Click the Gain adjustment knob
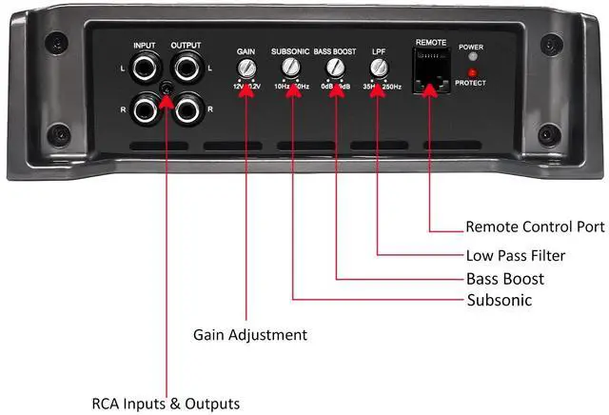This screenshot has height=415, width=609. [x=246, y=68]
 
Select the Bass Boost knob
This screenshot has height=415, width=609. [x=334, y=68]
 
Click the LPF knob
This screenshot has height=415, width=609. [x=378, y=68]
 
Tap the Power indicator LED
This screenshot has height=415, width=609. [x=471, y=56]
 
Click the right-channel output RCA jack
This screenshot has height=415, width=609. [x=186, y=110]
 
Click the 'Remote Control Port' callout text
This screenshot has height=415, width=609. [x=535, y=227]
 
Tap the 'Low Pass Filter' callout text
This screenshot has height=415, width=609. [x=515, y=255]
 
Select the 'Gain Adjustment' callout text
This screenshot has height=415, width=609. [x=250, y=335]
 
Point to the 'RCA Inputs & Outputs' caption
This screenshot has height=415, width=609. [x=166, y=403]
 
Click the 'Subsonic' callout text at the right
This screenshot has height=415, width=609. [x=499, y=301]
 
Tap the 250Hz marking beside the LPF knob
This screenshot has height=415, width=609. [x=392, y=86]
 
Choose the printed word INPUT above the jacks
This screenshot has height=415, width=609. [x=145, y=45]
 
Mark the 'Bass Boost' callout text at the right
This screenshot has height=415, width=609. [x=504, y=278]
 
